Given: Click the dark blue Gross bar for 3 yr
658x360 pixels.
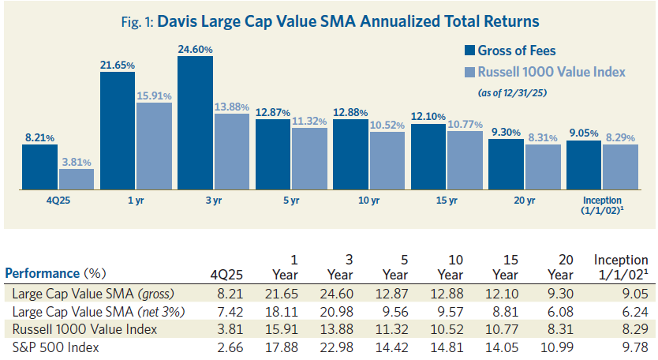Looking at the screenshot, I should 195,123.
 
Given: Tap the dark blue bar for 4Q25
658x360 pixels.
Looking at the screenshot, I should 39,167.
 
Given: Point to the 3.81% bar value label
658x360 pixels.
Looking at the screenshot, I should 76,162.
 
